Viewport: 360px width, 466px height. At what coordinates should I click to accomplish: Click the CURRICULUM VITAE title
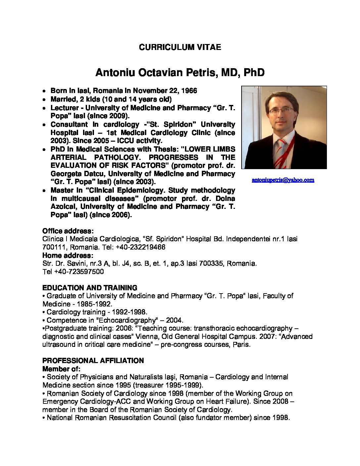pos(180,47)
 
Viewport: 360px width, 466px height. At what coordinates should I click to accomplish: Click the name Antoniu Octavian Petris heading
pos(180,73)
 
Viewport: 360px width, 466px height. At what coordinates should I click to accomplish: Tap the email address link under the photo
pos(283,180)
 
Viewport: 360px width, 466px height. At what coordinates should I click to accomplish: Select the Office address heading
pos(68,231)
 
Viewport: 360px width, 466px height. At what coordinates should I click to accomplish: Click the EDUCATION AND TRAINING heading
pos(90,288)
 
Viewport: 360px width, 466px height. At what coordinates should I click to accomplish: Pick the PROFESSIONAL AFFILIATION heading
pos(93,360)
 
